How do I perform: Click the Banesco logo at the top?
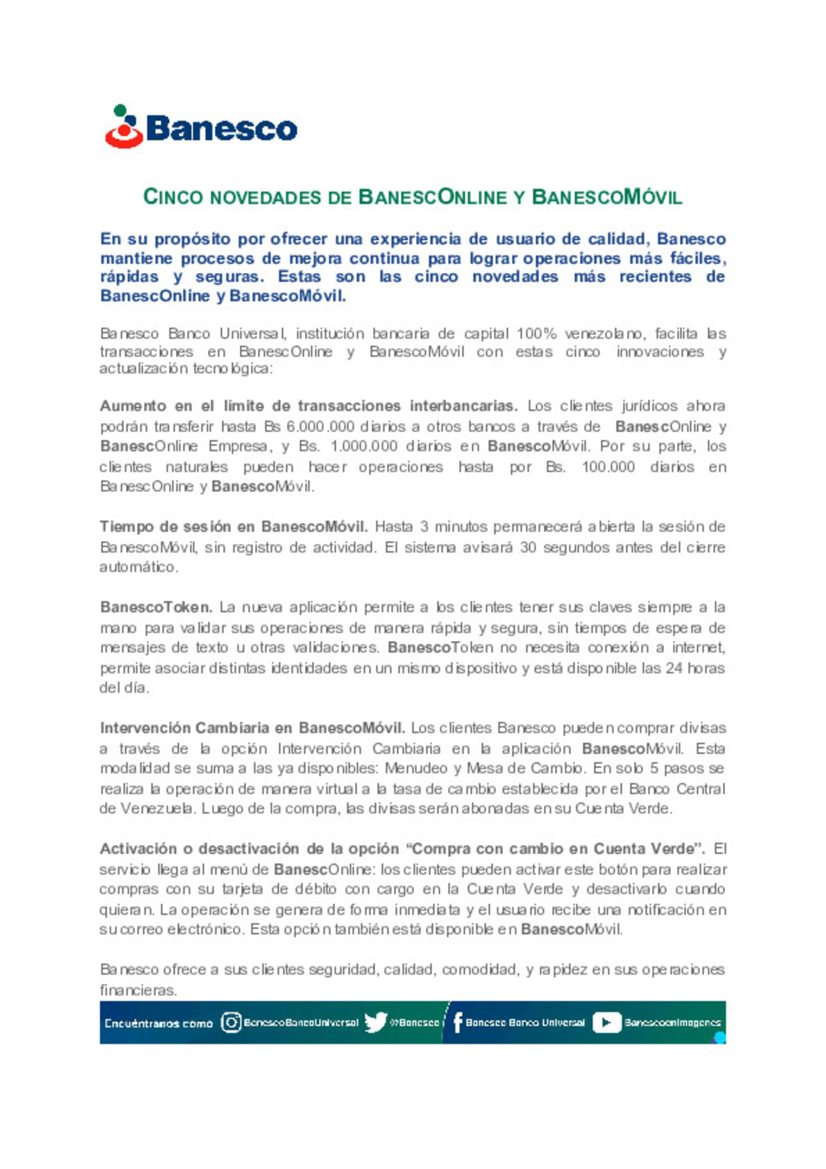point(201,127)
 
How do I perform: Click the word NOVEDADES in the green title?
point(265,197)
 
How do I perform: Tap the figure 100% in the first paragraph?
point(536,334)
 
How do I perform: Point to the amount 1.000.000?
point(363,446)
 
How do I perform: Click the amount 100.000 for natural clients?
point(608,467)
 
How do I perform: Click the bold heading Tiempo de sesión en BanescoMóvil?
point(233,526)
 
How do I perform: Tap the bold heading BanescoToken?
point(156,607)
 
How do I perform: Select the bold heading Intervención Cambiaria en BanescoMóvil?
point(252,728)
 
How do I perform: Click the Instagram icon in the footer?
point(231,1022)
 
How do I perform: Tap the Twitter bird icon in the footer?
point(375,1022)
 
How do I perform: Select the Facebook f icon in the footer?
point(457,1022)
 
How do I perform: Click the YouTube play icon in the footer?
point(606,1022)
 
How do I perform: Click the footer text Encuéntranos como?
point(158,1023)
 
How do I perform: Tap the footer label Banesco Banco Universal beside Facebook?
point(525,1022)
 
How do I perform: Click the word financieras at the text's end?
point(138,990)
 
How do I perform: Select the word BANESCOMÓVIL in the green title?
point(606,197)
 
